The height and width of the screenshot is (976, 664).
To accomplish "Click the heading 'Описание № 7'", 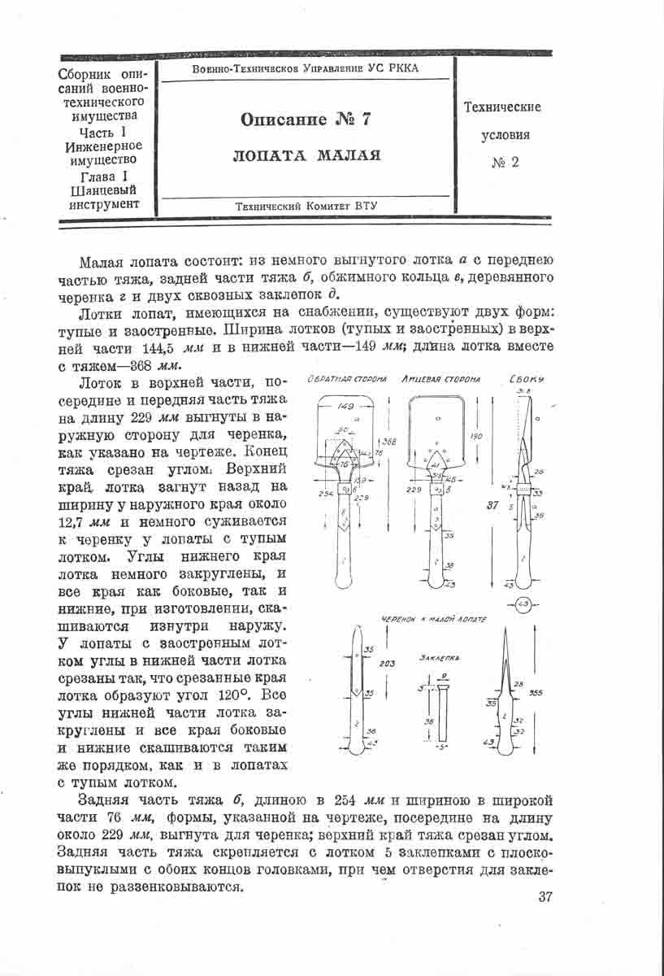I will (x=305, y=120).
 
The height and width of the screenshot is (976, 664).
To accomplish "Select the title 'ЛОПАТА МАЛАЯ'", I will (x=306, y=155).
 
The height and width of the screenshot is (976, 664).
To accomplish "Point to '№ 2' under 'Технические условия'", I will (x=505, y=163).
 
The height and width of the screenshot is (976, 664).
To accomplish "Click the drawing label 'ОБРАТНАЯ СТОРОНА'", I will (x=340, y=380).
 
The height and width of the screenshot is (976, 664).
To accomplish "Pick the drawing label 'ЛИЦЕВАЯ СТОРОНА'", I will (x=440, y=380).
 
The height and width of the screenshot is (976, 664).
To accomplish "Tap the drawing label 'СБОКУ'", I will (x=527, y=380).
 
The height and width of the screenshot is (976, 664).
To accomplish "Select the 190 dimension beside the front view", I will (x=476, y=437).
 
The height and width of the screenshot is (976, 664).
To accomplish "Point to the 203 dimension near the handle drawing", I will (x=387, y=664).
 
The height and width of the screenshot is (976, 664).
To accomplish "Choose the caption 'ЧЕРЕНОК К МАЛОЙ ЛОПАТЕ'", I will (x=434, y=620).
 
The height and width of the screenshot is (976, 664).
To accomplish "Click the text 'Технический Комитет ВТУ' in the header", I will (x=305, y=207).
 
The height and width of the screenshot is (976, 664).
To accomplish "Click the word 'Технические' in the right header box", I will (x=502, y=107).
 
